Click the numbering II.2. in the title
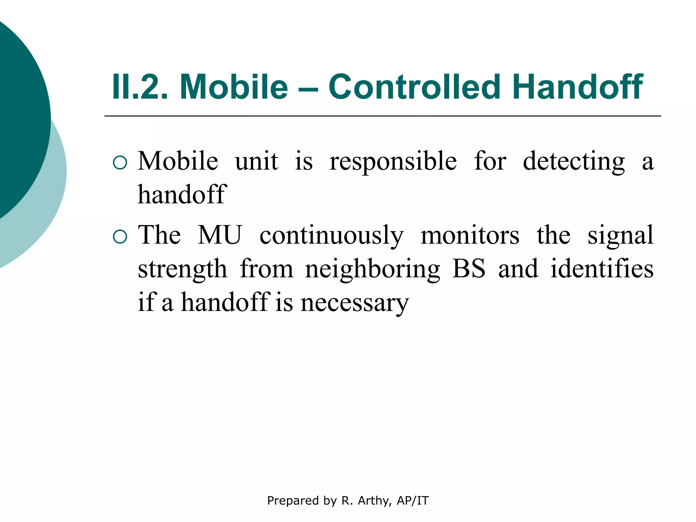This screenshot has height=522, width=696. pos(140,87)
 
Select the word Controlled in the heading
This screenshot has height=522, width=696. pos(414,87)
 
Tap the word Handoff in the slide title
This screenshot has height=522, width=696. pos(577,87)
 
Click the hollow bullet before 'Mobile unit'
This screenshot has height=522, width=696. pos(120,163)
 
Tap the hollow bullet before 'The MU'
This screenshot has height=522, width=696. pos(120,237)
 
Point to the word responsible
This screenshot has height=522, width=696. pos(393,162)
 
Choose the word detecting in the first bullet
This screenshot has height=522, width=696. pos(573,162)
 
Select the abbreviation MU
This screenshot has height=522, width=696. pos(220,235)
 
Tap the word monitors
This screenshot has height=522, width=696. pos(470,236)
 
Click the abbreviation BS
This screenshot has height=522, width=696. pos(469,269)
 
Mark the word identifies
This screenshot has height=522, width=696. pos(602,269)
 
